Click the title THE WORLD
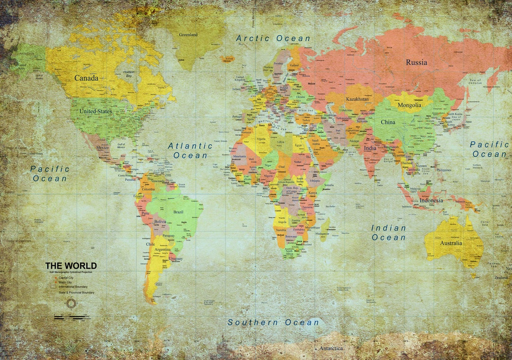pos(71,266)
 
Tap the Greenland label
pos(188,35)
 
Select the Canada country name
pos(86,78)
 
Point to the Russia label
pos(416,62)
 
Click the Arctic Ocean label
pos(273,38)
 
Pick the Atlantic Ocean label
pos(190,150)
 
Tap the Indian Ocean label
pos(389,232)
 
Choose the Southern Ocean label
pos(274,323)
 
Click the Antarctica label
pos(331,348)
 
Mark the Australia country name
pos(451,243)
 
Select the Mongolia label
pos(409,105)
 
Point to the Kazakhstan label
pos(358,99)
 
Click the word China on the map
pos(388,122)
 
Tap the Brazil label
pos(178,212)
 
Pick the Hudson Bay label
pos(128,74)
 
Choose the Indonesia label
pos(431,200)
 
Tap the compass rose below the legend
pos(71,303)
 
